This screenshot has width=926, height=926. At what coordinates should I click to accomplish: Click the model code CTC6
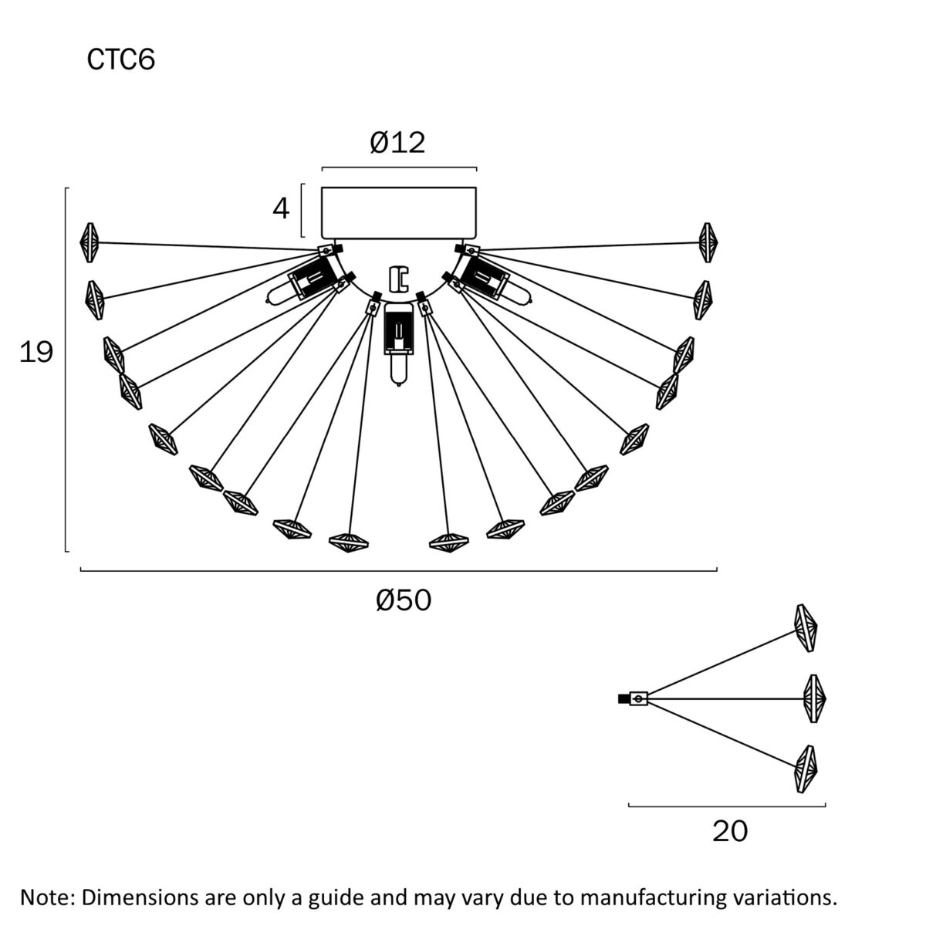point(121,60)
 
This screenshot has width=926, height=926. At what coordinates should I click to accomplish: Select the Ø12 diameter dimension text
point(397,143)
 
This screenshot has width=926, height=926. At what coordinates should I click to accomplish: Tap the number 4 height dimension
point(282,208)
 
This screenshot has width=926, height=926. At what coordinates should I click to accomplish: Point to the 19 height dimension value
point(36,353)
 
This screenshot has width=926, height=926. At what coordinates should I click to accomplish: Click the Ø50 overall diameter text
point(404,600)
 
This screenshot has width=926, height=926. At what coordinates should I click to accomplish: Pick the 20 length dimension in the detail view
point(730,831)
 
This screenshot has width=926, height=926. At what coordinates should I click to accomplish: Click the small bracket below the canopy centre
point(398,279)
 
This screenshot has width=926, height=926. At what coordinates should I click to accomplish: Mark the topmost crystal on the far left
point(90,242)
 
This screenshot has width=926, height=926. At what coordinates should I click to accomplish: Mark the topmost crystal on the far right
point(709,242)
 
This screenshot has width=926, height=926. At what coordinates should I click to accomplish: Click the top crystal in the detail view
point(806,627)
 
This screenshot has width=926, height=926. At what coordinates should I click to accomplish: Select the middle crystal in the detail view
point(815,698)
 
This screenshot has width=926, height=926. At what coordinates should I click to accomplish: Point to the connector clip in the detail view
point(637,698)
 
